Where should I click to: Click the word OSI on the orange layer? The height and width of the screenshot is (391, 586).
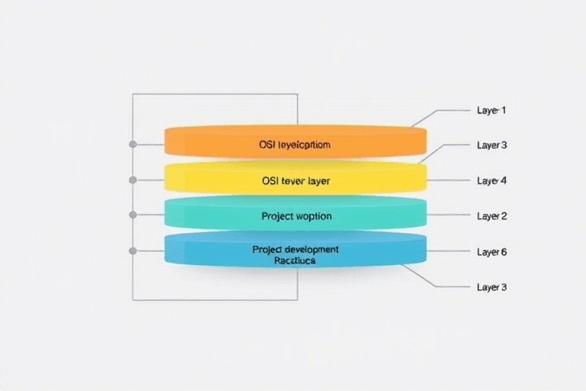click(266, 144)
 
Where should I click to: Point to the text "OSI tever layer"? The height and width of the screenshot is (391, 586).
click(295, 182)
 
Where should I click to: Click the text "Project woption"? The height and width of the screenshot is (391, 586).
click(296, 216)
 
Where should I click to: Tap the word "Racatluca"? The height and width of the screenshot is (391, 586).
click(295, 260)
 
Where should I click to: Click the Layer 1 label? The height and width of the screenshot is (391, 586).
click(491, 110)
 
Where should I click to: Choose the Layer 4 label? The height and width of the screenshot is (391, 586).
click(491, 181)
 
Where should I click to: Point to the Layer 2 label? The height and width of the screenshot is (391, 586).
click(491, 216)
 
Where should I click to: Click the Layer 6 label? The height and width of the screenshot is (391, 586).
click(491, 251)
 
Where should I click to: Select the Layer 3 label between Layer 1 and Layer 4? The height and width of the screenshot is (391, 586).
click(491, 145)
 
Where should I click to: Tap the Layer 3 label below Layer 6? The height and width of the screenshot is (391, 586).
click(491, 287)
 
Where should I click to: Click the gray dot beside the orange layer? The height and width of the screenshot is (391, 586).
click(133, 144)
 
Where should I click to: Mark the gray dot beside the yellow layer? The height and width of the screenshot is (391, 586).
click(133, 180)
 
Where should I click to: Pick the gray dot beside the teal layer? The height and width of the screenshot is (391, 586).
click(133, 215)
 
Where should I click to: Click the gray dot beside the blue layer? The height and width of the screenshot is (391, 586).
click(133, 250)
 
